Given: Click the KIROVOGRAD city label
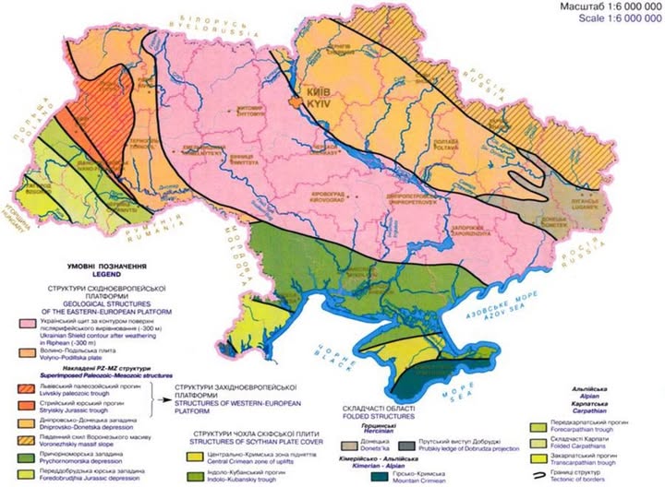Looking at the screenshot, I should pos(319,198).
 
